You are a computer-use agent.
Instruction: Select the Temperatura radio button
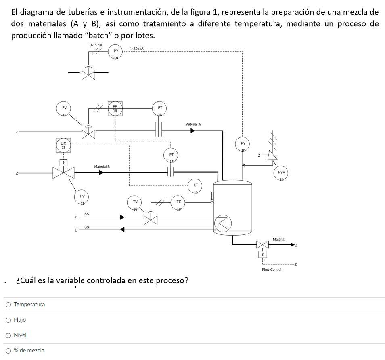click(8, 305)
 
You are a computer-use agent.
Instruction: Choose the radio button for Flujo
click(8, 320)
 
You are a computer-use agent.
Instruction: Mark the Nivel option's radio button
click(8, 335)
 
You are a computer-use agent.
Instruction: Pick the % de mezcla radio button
click(8, 351)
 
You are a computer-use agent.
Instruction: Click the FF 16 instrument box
click(115, 109)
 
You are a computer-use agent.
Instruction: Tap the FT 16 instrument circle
click(160, 108)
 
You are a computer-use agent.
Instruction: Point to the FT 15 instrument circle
click(171, 155)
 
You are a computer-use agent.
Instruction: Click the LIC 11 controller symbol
click(63, 145)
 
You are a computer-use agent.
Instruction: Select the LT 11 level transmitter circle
click(196, 185)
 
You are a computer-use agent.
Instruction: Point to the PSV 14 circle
click(281, 173)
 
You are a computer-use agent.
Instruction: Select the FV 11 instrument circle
click(82, 197)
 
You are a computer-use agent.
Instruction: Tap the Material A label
click(193, 124)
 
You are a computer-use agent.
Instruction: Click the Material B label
click(102, 166)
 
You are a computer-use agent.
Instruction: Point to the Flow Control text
click(272, 269)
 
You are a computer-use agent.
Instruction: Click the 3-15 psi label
click(96, 45)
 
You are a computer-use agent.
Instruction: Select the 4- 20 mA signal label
click(136, 48)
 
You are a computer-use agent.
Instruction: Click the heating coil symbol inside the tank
click(223, 223)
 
